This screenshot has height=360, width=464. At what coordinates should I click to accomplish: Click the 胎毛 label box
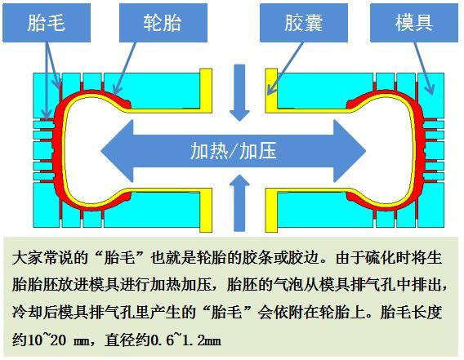47,23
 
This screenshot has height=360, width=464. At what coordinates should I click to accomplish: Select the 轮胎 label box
163,23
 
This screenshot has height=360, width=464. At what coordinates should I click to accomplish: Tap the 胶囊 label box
304,23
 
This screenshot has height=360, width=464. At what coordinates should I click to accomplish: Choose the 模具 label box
414,23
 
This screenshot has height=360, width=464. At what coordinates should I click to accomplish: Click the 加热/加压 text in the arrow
233,151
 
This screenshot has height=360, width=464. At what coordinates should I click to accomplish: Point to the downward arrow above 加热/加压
239,93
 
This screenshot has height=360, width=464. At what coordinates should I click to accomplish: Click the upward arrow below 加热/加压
239,203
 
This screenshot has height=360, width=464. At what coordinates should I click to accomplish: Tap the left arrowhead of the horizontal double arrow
117,151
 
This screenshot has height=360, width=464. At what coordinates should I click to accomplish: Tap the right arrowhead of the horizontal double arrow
350,151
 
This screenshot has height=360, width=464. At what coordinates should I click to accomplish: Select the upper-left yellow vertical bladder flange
206,91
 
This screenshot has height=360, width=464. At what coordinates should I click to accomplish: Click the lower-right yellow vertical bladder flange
271,211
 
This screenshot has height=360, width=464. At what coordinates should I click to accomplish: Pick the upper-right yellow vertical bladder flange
271,91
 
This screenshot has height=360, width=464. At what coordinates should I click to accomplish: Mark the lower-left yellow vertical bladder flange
206,211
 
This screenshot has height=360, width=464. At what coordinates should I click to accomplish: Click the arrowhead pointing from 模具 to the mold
430,89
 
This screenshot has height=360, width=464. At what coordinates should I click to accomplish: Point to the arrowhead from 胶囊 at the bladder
270,89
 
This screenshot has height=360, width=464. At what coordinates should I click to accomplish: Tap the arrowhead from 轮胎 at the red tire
117,88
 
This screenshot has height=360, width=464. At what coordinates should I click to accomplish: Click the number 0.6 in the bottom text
163,340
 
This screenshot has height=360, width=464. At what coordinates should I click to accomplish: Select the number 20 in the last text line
58,340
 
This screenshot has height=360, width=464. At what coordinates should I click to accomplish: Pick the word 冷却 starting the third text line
28,313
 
